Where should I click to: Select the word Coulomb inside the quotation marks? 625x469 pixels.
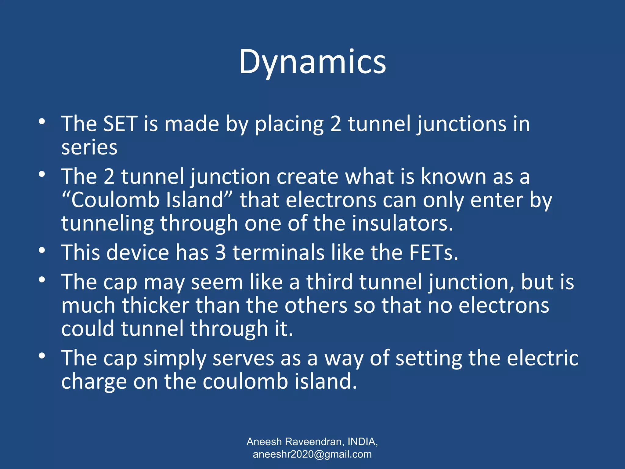pos(115,201)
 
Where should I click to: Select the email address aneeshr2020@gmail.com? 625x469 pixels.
pos(312,454)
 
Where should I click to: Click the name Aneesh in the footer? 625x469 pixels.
pos(264,442)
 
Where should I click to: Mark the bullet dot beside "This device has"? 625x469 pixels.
pos(42,251)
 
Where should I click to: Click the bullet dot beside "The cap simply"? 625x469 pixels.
pos(42,356)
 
